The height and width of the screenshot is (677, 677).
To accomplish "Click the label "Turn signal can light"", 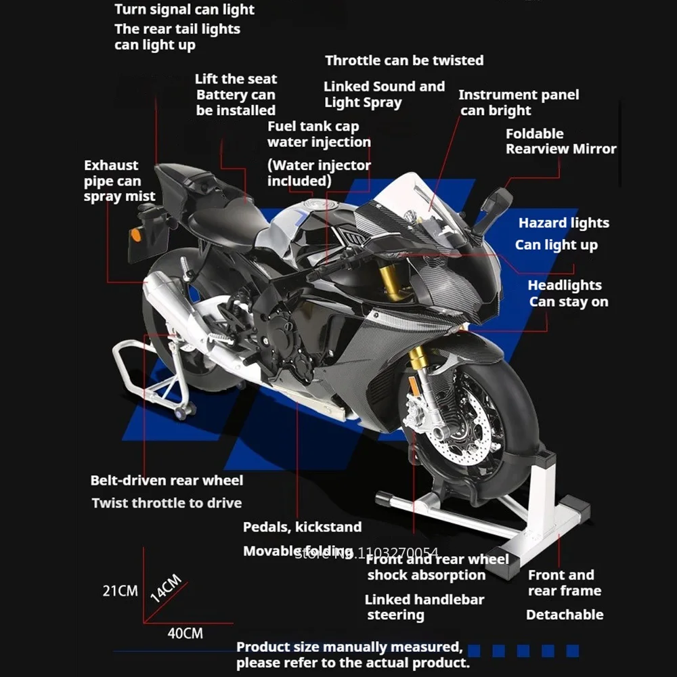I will (184, 9).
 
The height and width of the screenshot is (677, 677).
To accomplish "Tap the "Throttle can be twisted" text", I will (404, 60).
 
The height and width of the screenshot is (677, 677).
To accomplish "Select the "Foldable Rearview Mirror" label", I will (561, 141).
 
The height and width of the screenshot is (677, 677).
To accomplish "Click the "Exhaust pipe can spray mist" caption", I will (120, 181).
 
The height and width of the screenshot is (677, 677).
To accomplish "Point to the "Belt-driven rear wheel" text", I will (167, 481).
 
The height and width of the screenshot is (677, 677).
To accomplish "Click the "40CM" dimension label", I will (185, 634).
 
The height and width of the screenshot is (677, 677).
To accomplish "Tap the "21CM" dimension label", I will (120, 591).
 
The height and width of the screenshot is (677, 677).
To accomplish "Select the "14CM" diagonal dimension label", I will (165, 588).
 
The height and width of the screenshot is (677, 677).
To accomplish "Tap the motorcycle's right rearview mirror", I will (497, 203).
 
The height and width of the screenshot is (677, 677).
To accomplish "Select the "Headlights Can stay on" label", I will (567, 294).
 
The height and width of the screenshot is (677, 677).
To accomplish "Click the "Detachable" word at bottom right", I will (565, 615).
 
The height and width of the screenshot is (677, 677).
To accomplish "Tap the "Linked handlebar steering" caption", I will (424, 607).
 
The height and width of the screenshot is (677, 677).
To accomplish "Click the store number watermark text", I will (368, 553).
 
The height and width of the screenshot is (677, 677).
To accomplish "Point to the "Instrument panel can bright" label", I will (519, 102).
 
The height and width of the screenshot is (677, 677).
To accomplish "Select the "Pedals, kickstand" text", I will (302, 527).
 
